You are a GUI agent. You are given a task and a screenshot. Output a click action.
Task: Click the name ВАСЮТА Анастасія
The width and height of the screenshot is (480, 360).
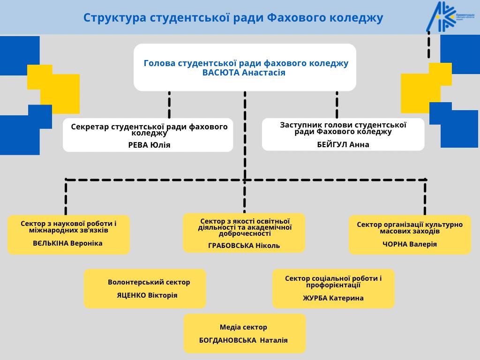[x=244, y=73]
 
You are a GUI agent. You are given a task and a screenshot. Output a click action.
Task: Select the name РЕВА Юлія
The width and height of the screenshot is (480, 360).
[x=149, y=145]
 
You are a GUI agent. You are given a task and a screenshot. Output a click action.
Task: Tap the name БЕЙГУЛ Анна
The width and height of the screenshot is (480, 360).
[x=343, y=144]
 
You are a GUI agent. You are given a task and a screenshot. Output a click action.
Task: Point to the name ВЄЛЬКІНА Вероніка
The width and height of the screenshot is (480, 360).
[x=67, y=243]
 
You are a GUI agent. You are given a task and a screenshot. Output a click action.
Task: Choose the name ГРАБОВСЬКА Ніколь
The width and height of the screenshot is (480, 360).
[x=244, y=246]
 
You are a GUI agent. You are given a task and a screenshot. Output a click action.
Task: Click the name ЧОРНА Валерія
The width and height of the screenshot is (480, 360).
[x=410, y=244]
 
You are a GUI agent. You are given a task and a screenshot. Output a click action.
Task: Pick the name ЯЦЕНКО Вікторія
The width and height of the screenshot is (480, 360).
[x=147, y=295]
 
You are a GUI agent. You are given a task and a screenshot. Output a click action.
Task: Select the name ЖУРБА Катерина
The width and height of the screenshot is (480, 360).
[x=333, y=298]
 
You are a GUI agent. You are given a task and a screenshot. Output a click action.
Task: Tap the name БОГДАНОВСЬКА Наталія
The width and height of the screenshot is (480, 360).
[x=243, y=340]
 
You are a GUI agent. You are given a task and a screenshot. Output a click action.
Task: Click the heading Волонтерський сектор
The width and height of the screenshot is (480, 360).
[x=149, y=282]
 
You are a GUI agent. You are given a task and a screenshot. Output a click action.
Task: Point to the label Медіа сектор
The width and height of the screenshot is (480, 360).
[x=243, y=327]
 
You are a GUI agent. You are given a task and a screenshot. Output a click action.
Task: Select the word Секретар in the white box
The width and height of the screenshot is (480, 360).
[x=89, y=127]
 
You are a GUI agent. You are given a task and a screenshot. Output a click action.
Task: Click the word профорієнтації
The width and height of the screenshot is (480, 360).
[x=333, y=285]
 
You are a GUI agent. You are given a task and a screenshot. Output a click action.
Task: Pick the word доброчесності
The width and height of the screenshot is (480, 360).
[x=244, y=233]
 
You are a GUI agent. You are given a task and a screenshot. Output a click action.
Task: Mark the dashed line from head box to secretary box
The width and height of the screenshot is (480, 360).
[x=169, y=105]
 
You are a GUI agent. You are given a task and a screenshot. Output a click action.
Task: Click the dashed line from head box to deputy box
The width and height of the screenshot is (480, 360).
[x=337, y=105]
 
